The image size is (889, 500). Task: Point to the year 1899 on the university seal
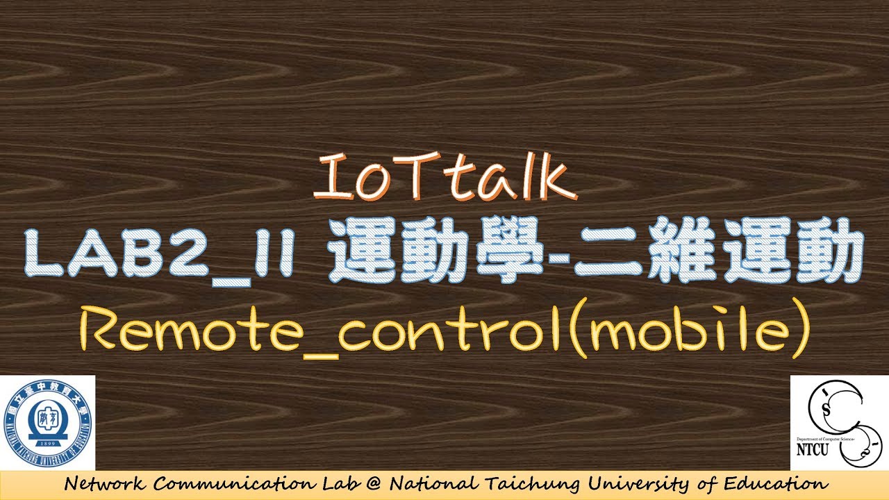click(48, 441)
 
